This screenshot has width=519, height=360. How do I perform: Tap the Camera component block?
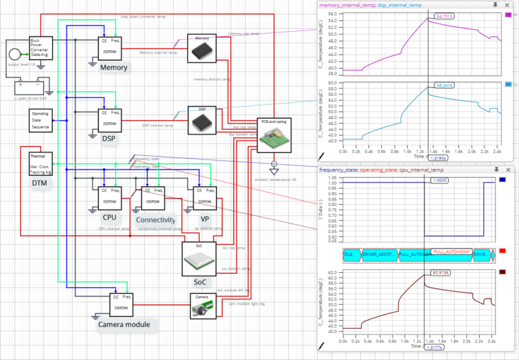point(202,306)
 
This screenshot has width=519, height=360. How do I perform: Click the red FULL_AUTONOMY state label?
point(451,251)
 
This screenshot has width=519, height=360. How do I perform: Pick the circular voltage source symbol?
point(14,54)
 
